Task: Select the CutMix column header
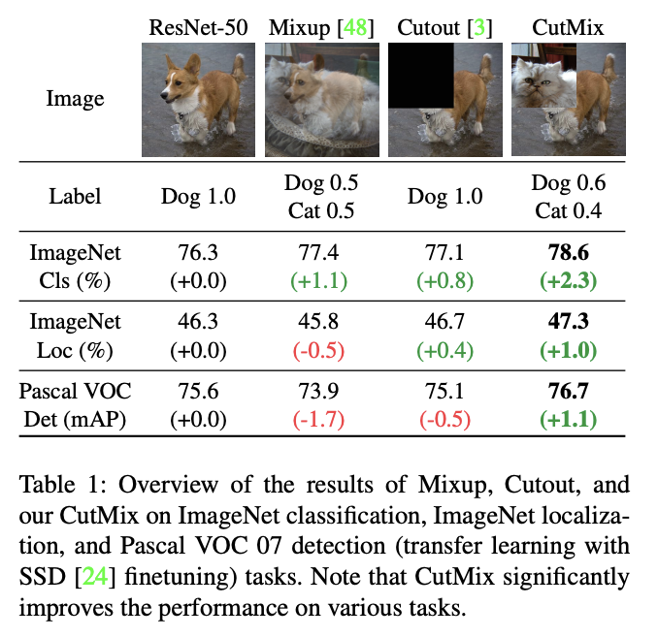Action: click(x=568, y=27)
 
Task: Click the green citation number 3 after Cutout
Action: click(x=478, y=27)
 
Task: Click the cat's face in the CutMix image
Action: click(x=543, y=80)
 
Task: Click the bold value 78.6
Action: click(x=570, y=254)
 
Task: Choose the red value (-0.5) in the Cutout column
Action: click(x=444, y=419)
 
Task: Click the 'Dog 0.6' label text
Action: click(x=570, y=184)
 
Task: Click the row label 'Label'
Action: click(x=75, y=197)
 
